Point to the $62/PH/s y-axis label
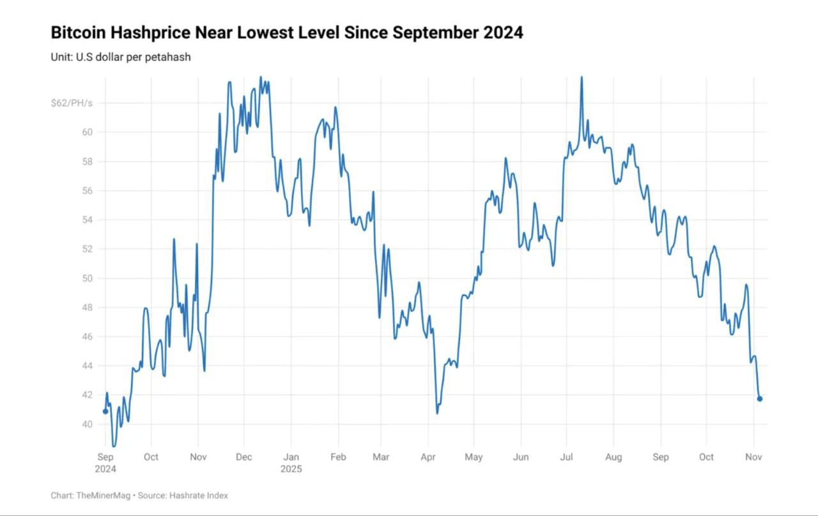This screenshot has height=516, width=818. pyautogui.click(x=71, y=103)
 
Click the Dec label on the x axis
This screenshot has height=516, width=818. pyautogui.click(x=244, y=457)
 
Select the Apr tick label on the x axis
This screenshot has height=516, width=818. pyautogui.click(x=428, y=457)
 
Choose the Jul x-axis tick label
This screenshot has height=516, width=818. pyautogui.click(x=566, y=457)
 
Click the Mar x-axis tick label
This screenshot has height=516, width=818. pyautogui.click(x=381, y=457)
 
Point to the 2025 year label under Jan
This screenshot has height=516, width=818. pyautogui.click(x=291, y=469)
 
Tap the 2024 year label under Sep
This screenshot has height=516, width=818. pyautogui.click(x=106, y=469)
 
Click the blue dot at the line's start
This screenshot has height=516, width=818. pyautogui.click(x=105, y=411)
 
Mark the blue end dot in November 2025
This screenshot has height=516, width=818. pyautogui.click(x=760, y=399)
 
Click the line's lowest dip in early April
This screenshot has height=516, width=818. pyautogui.click(x=438, y=412)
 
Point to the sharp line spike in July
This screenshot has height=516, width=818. pyautogui.click(x=582, y=79)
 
